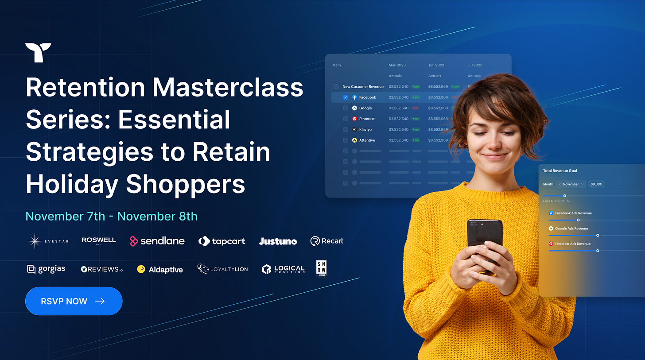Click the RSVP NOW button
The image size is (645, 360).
[x=74, y=301]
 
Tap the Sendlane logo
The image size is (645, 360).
[x=157, y=241]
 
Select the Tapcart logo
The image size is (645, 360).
[x=221, y=241]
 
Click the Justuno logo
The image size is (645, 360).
[x=278, y=241]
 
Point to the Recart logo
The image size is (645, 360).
[x=327, y=241]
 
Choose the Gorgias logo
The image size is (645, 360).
[x=46, y=269]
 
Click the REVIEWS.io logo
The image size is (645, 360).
[x=101, y=269]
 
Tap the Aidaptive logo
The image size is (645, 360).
[x=160, y=269]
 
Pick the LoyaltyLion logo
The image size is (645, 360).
[x=222, y=269]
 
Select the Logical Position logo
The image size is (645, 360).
[x=283, y=269]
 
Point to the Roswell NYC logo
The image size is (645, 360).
[x=98, y=240]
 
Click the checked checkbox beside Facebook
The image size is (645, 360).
[x=346, y=97]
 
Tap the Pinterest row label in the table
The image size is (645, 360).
[x=366, y=119]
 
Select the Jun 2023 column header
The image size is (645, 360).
[x=436, y=65]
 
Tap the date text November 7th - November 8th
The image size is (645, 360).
[x=111, y=216]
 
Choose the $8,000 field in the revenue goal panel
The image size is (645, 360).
[x=596, y=184]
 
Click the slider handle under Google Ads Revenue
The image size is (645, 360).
[x=598, y=236]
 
